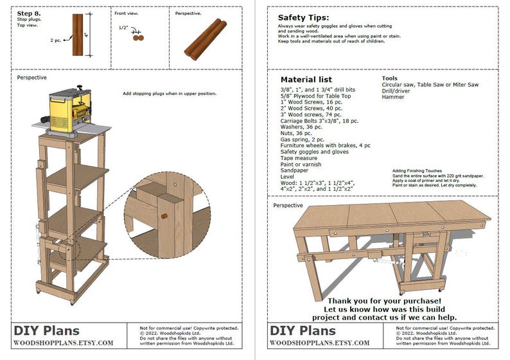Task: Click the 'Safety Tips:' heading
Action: (303, 18)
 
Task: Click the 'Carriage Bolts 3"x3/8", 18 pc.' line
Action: (319, 121)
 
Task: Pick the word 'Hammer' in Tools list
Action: (393, 97)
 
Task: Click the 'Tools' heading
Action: (389, 78)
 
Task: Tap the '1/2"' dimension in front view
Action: (123, 28)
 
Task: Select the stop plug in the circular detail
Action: (164, 216)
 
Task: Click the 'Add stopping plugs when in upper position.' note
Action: (170, 94)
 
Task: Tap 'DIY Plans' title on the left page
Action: (46, 331)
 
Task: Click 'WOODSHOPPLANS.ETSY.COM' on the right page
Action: (319, 343)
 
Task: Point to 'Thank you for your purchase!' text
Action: (385, 300)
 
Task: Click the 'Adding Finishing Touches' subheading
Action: (417, 170)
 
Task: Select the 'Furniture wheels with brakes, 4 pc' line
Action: (325, 146)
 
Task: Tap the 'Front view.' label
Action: (127, 13)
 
